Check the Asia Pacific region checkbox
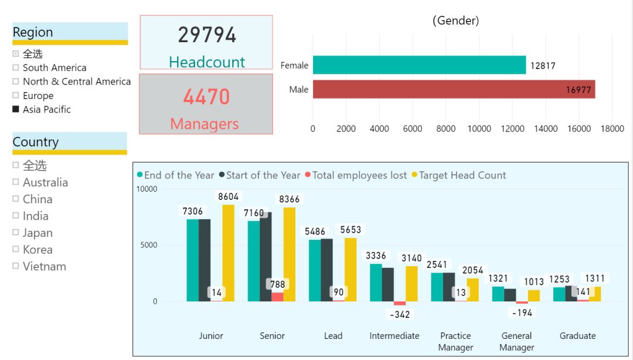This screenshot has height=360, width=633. click(16, 109)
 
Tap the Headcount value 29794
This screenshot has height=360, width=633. click(207, 35)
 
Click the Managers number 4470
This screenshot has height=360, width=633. click(206, 97)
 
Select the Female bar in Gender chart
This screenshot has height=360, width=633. click(419, 65)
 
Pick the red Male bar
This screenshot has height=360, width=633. click(454, 89)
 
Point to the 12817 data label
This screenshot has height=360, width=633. click(543, 66)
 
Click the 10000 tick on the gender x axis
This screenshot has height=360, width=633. click(479, 129)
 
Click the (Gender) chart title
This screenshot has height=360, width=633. click(456, 21)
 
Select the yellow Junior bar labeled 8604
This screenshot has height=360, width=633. click(228, 253)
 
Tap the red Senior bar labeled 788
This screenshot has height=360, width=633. click(277, 297)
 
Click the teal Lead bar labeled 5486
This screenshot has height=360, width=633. click(315, 270)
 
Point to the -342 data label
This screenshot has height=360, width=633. click(400, 315)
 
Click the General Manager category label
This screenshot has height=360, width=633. click(516, 341)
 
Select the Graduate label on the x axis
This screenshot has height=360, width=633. click(577, 336)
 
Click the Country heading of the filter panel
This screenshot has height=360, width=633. click(36, 142)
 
